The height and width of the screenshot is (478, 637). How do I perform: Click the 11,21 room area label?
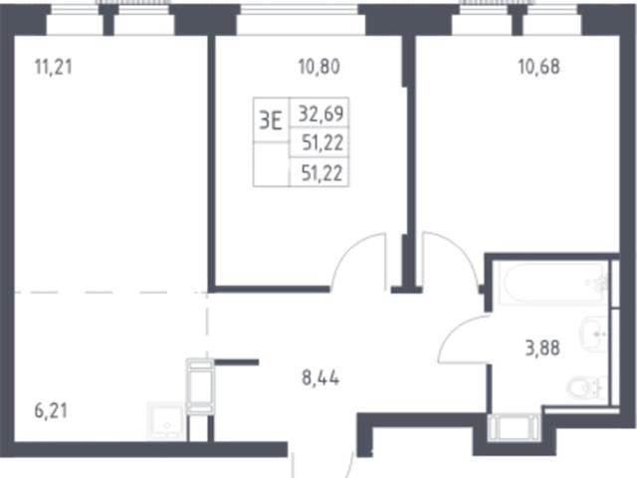coord(54,67)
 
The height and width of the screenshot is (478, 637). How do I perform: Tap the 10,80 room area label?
coord(318,67)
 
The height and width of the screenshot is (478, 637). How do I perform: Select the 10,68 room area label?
coord(539,67)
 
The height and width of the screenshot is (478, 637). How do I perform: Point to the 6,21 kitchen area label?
coord(51,411)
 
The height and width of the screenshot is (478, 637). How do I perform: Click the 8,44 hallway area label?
coord(320,378)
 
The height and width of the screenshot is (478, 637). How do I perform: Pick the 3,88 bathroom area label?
coord(542,349)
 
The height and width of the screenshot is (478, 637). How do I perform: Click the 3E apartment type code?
coord(271,120)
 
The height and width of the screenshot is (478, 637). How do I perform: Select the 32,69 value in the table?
coord(320,114)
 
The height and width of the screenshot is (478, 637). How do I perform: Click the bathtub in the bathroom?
coord(553,284)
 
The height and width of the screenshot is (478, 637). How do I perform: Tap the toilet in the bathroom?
coord(586,387)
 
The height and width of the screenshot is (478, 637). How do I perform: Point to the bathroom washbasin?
coord(593,335)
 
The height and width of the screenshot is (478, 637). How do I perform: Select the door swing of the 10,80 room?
coord(357,260)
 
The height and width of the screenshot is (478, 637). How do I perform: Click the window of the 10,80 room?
coord(301,10)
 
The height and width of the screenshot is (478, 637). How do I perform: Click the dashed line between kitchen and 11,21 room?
coord(110,292)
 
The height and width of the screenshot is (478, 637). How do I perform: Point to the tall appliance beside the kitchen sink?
coord(200,386)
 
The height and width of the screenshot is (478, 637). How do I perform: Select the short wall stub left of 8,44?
coord(237,362)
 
